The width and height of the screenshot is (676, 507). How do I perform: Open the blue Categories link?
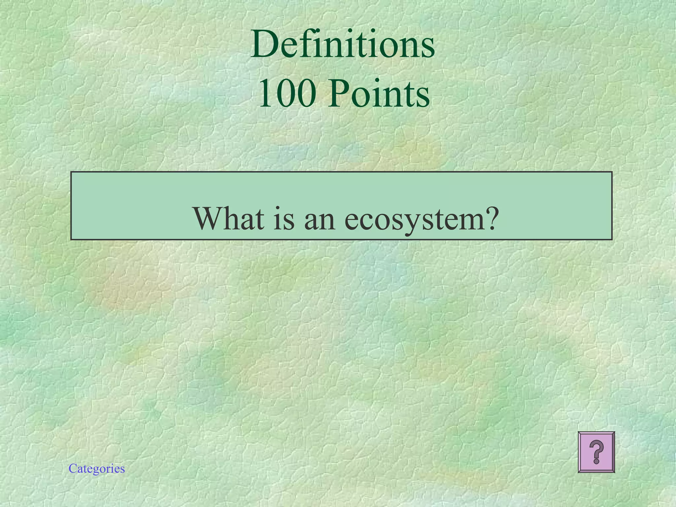[97, 468]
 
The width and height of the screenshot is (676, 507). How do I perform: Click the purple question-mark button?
[596, 452]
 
